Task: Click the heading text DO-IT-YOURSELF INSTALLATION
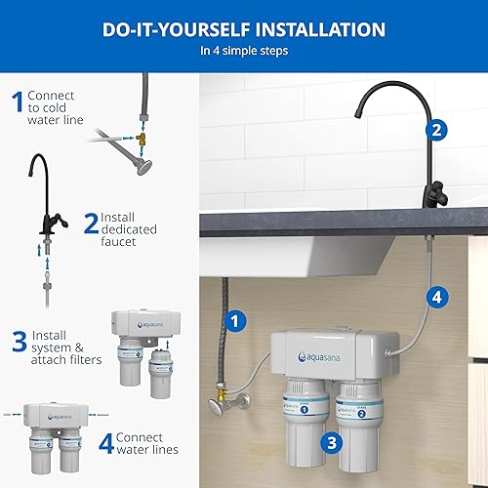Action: coord(244,28)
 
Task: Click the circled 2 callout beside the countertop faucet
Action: coord(436,128)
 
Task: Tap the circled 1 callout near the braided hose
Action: coord(233,318)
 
